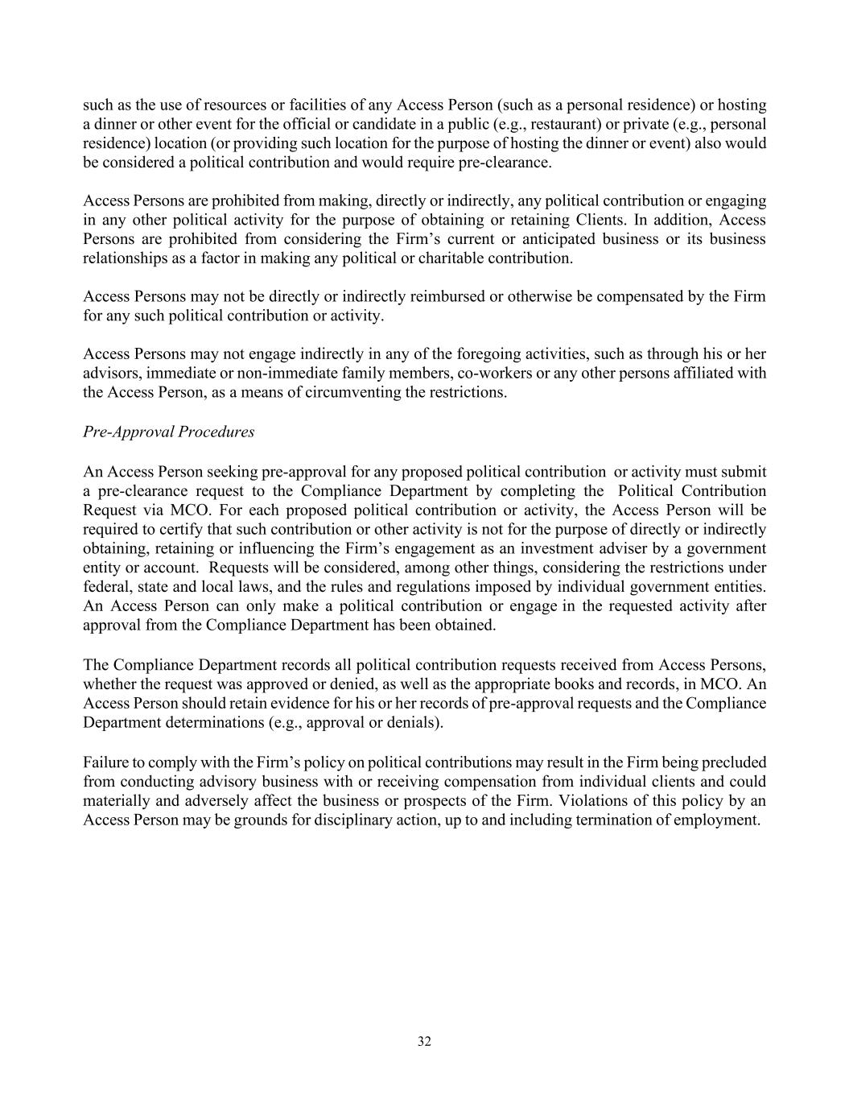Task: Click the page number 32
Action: coord(424,1041)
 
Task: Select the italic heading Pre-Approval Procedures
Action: coord(168,432)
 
